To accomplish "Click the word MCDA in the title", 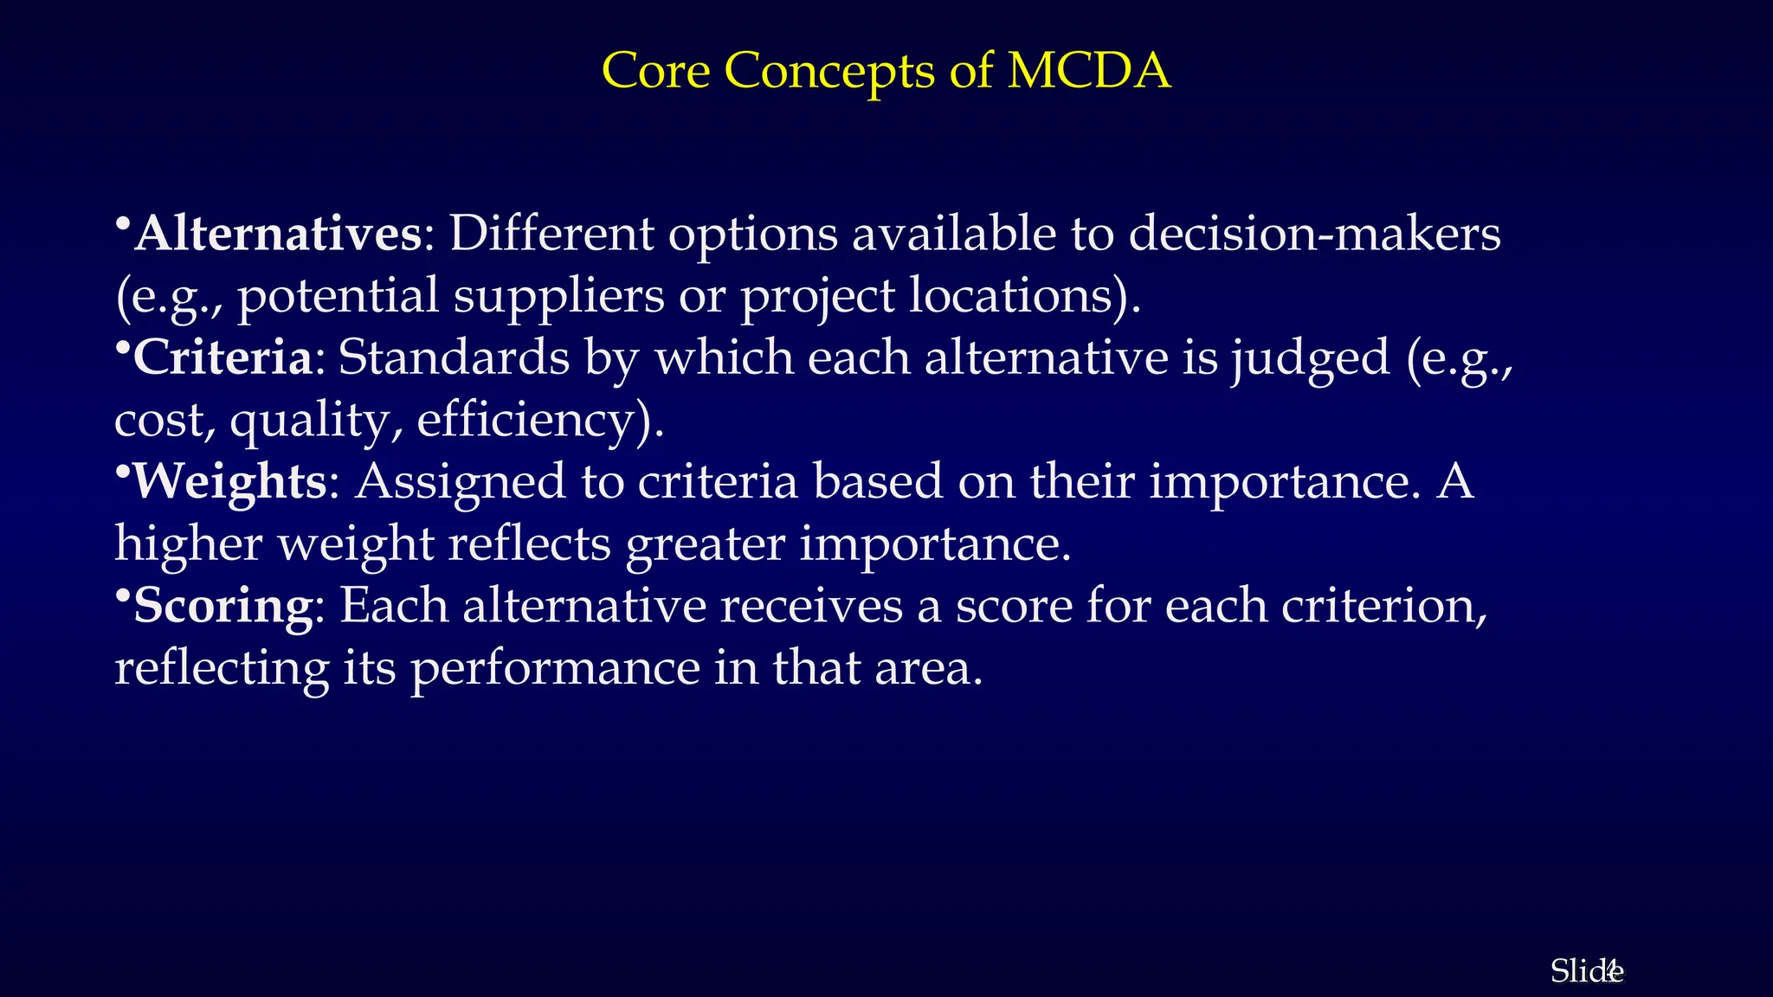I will pyautogui.click(x=1089, y=70).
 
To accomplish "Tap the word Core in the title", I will pyautogui.click(x=655, y=70).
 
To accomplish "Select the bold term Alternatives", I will pyautogui.click(x=278, y=234).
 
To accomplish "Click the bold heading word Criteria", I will pyautogui.click(x=222, y=357).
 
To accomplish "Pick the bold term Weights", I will pyautogui.click(x=229, y=482).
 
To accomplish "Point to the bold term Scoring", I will pyautogui.click(x=222, y=606).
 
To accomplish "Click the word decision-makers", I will pyautogui.click(x=1315, y=234).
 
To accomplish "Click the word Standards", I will pyautogui.click(x=454, y=357).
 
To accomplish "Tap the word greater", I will pyautogui.click(x=705, y=544).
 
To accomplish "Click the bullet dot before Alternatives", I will pyautogui.click(x=122, y=223).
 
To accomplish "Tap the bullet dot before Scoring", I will pyautogui.click(x=122, y=595).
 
